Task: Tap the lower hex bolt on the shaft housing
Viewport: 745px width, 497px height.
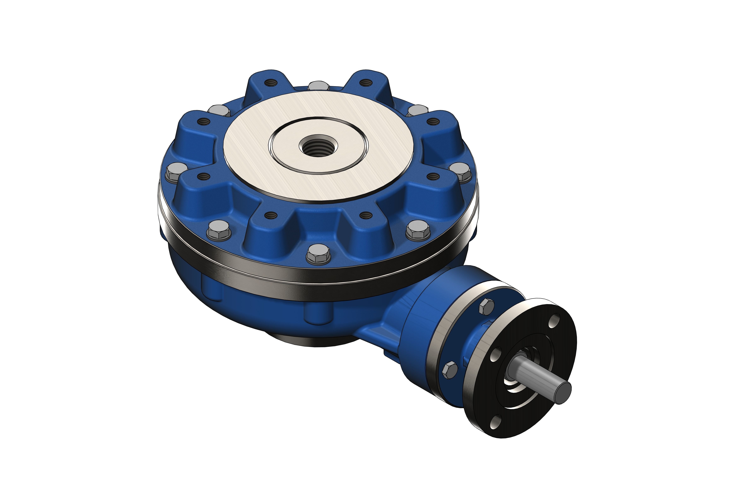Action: tap(450, 370)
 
